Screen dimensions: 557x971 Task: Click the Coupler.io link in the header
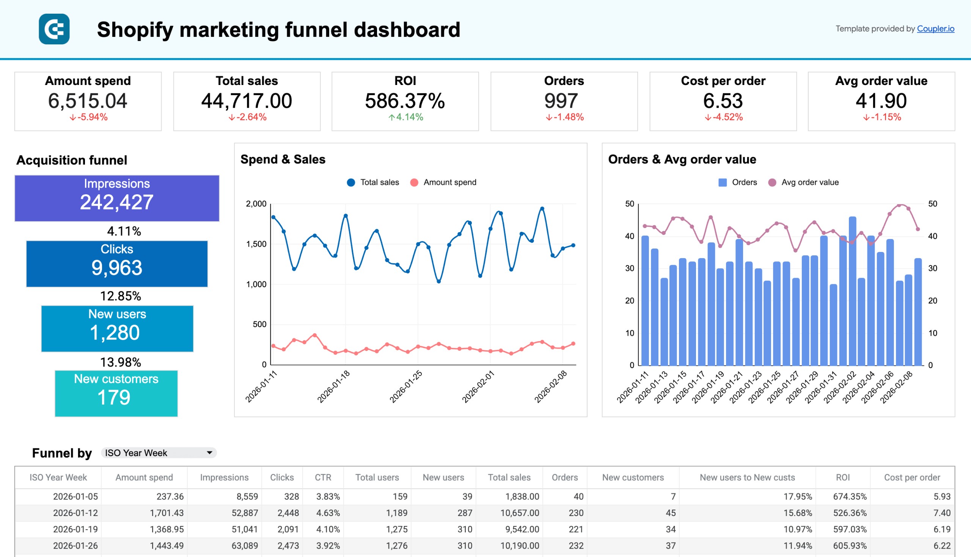click(935, 29)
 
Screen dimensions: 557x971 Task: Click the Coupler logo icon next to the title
click(54, 29)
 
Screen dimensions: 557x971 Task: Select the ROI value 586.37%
click(405, 101)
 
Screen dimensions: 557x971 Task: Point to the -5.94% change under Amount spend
click(89, 117)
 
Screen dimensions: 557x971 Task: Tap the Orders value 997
click(561, 101)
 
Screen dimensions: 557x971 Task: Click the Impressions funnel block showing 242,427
click(117, 198)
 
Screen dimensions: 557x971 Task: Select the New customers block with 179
click(116, 393)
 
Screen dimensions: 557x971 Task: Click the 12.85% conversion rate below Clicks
click(121, 296)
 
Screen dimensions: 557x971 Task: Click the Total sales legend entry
click(373, 183)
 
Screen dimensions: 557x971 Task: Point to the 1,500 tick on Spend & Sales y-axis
click(256, 244)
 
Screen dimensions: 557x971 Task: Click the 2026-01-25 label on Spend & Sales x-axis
click(406, 386)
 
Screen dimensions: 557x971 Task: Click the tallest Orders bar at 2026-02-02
click(852, 291)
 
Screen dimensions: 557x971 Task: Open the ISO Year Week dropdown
click(158, 453)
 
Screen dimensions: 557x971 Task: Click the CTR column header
click(323, 477)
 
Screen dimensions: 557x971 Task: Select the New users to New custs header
click(747, 477)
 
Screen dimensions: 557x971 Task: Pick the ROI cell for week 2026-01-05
click(849, 497)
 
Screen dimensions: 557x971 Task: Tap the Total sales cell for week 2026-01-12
click(519, 513)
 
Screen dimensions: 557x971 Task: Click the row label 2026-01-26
click(75, 546)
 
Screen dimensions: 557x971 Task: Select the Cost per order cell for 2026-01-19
click(941, 529)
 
